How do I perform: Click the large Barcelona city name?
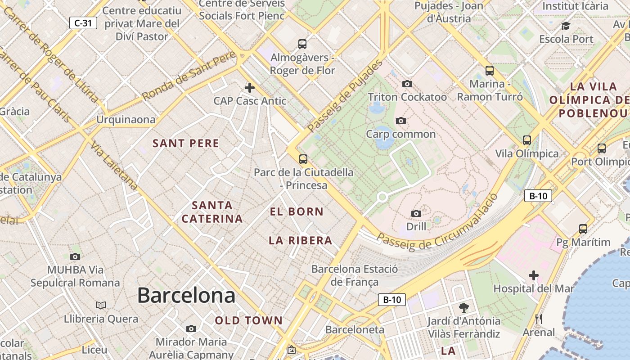point(186,296)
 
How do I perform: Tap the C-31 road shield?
point(83,23)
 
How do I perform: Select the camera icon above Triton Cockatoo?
point(407,84)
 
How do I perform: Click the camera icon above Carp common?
point(400,121)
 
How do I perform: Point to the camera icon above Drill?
point(416,213)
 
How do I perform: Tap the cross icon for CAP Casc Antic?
point(250,88)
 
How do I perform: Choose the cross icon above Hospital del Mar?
point(534,275)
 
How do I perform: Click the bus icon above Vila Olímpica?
point(527,140)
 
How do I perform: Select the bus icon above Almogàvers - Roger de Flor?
point(302,44)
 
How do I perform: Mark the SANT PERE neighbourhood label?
point(186,144)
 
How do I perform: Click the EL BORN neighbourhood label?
point(297,211)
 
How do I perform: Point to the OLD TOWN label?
point(248,321)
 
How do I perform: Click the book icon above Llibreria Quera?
point(101,306)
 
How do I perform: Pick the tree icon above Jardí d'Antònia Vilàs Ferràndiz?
point(463,308)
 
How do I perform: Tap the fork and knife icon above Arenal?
point(539,319)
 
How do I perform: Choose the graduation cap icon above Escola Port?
point(566,26)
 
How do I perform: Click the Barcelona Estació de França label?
point(355,275)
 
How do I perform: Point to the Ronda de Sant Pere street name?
point(189,76)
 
